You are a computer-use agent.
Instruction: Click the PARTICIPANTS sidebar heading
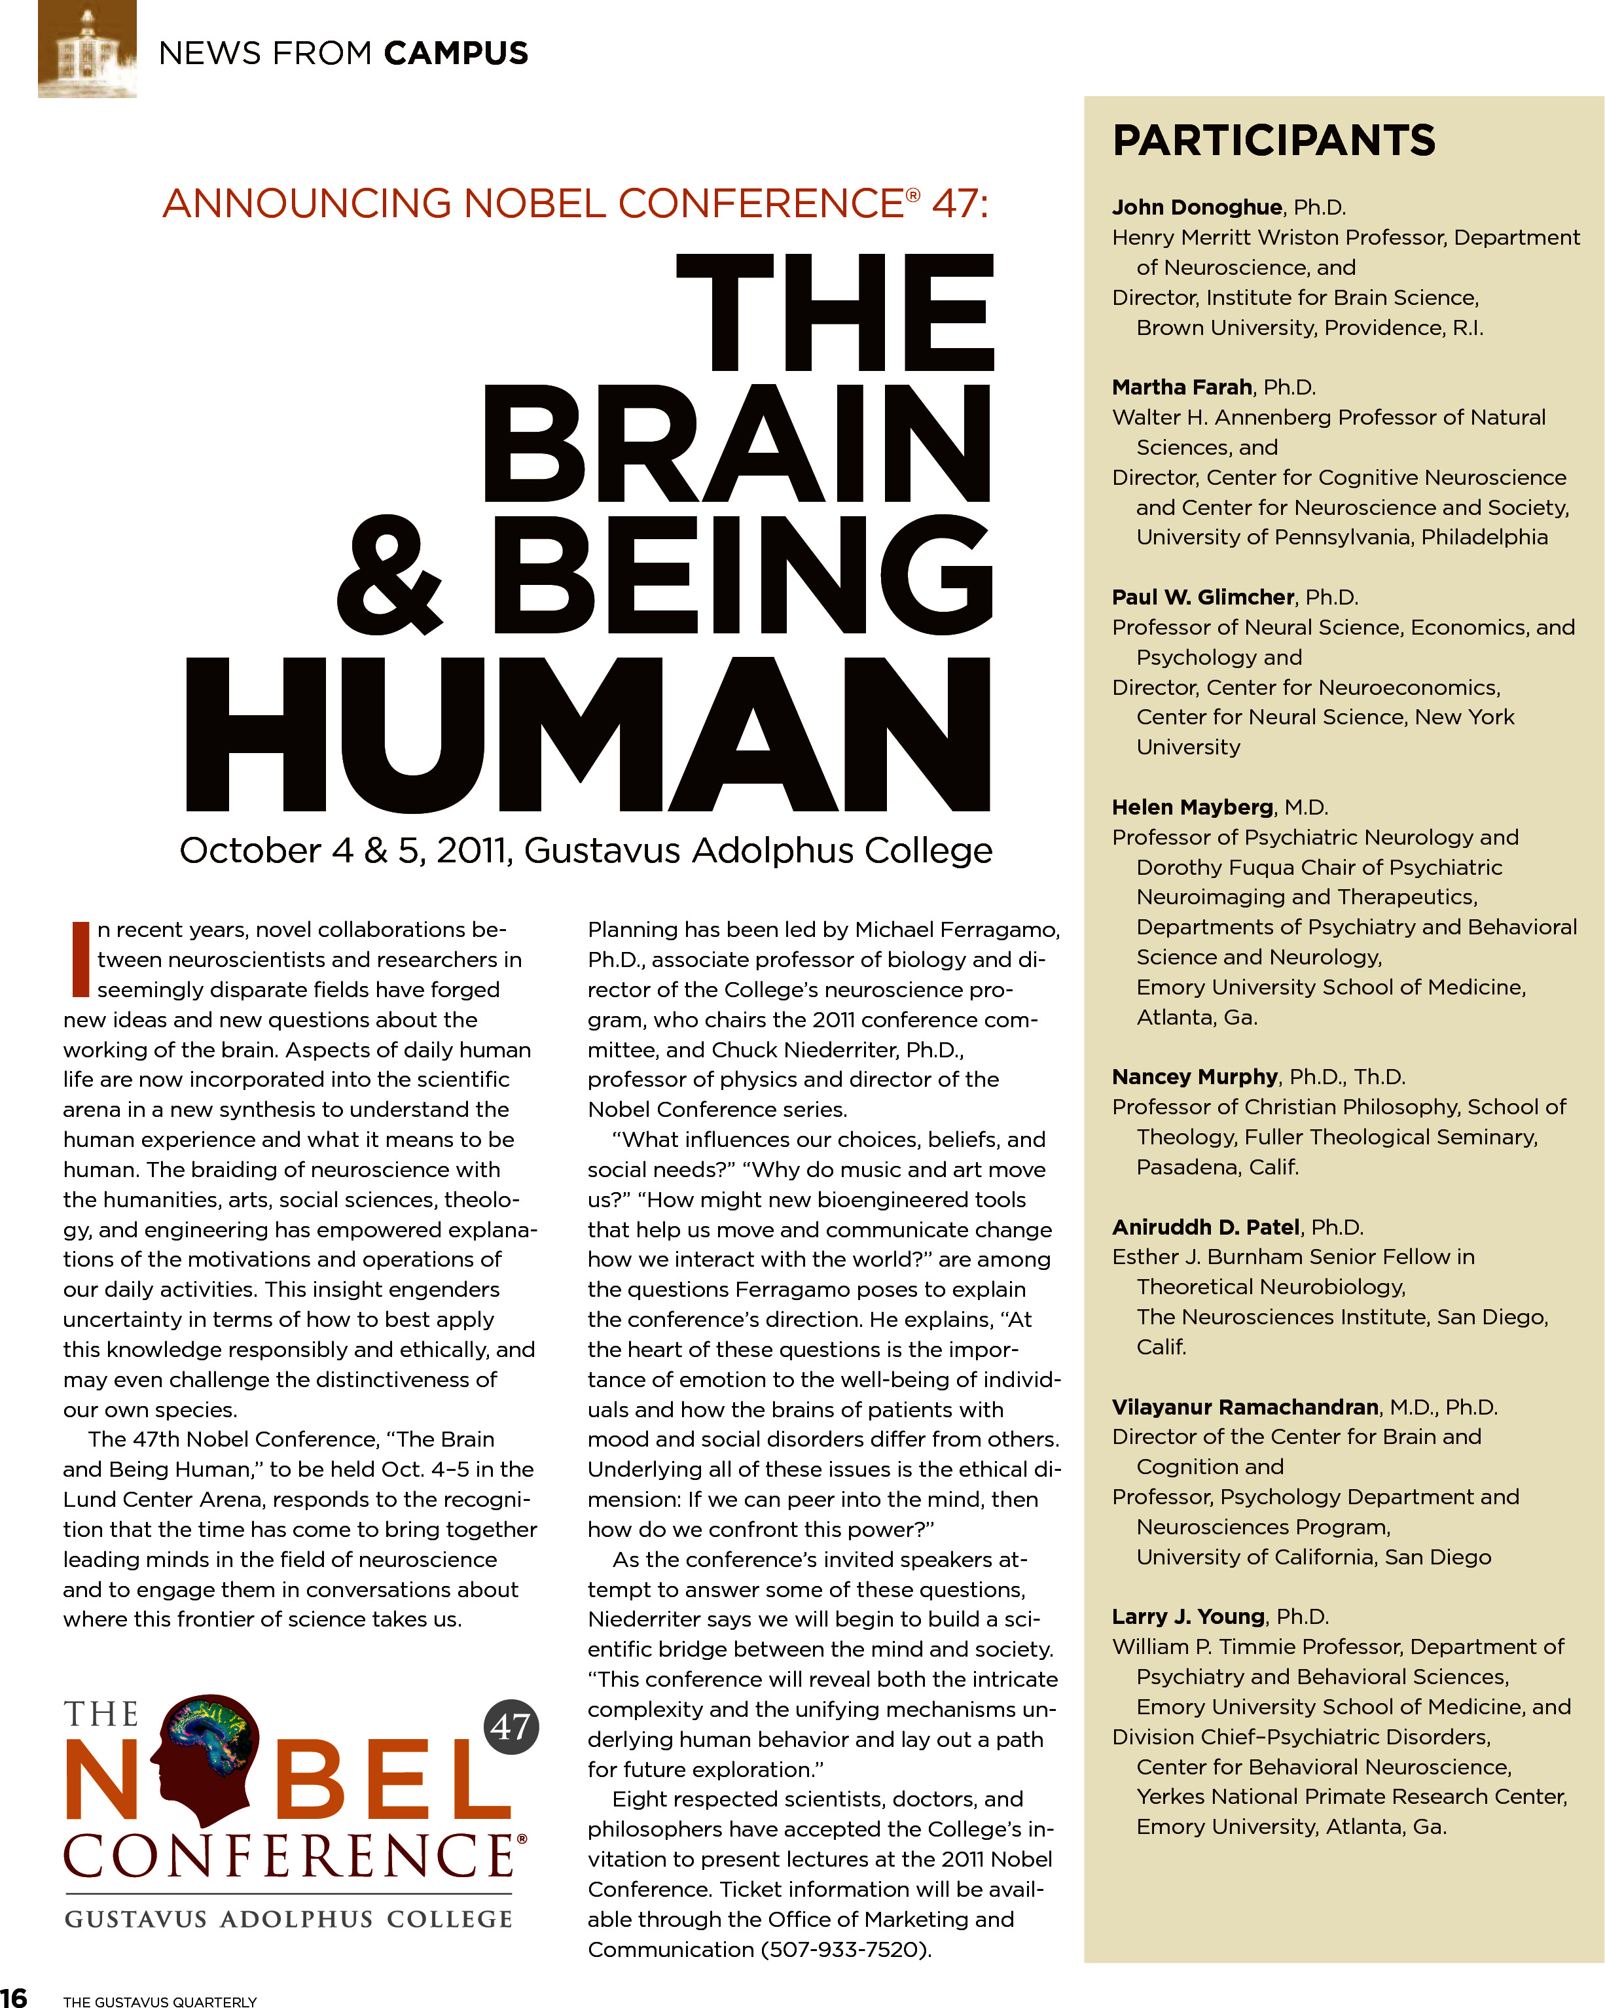(x=1273, y=141)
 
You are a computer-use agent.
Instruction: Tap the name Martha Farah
(x=1181, y=387)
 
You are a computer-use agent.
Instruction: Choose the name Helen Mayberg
(x=1193, y=807)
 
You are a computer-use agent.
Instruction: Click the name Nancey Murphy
(x=1194, y=1077)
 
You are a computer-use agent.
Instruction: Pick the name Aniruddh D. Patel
(x=1205, y=1227)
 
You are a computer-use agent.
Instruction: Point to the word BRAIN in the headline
(x=736, y=444)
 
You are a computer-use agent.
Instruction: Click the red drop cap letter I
(x=80, y=959)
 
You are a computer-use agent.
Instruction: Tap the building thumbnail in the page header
(x=86, y=48)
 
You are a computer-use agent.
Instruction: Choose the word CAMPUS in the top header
(x=456, y=54)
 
